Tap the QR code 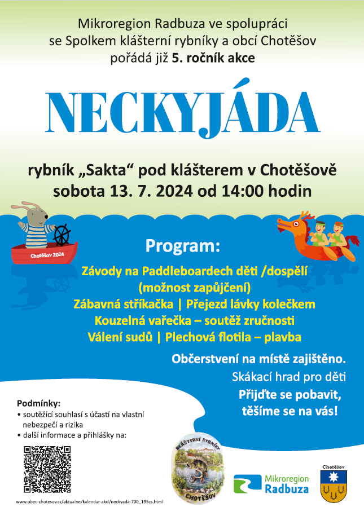[x=47, y=469]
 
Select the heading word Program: [x=182, y=246]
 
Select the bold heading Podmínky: [x=38, y=403]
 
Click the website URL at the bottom [x=89, y=501]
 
